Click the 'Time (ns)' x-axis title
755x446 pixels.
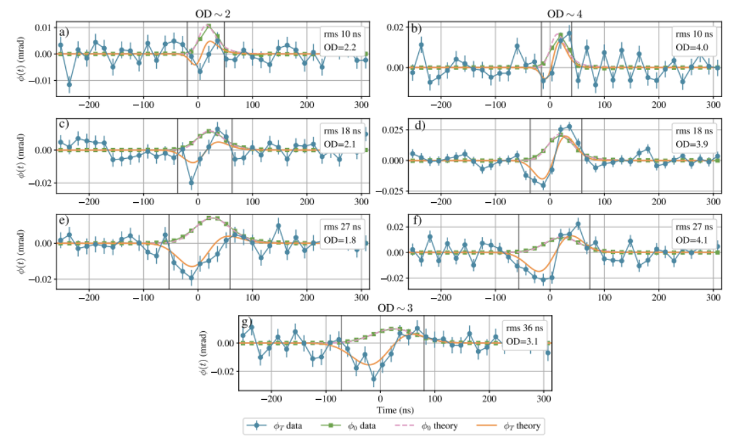396,411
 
